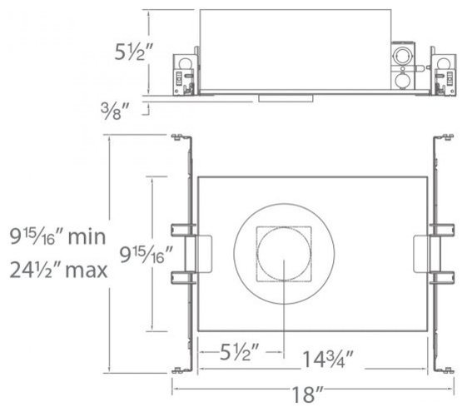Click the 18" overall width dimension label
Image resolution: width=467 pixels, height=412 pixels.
tap(307, 394)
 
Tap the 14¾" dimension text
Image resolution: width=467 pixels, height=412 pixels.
tap(328, 359)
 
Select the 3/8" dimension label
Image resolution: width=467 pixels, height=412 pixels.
tap(115, 111)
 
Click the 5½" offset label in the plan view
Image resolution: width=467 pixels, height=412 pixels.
tap(240, 351)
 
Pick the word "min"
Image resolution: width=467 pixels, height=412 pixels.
tap(87, 237)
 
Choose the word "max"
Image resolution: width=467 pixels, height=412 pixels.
tap(86, 271)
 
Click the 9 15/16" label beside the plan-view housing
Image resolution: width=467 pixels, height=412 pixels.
tap(146, 255)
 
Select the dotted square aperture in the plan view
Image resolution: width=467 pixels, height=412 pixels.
tap(284, 254)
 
